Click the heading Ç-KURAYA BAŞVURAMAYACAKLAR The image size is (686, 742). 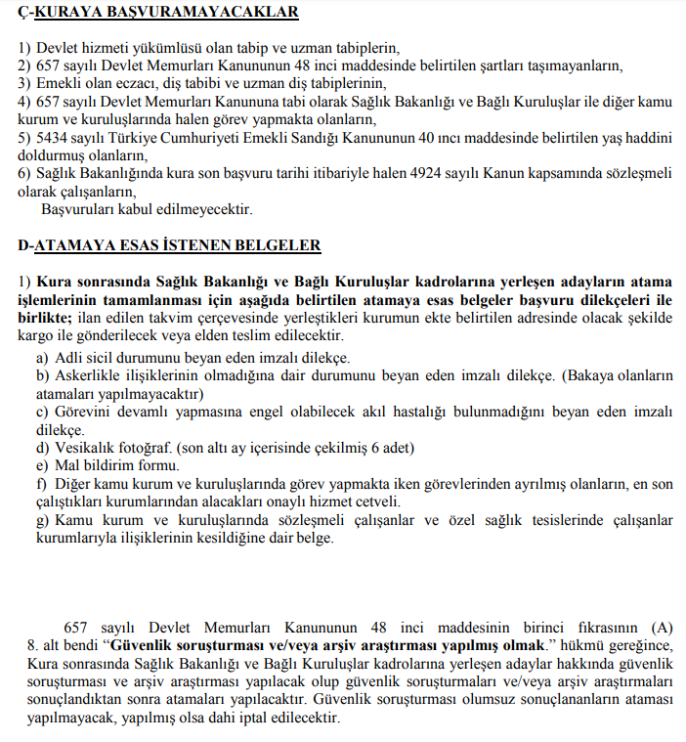point(158,13)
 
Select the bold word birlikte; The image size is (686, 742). point(44,317)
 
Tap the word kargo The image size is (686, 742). point(36,335)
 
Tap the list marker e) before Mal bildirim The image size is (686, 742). point(42,465)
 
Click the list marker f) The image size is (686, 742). point(41,484)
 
